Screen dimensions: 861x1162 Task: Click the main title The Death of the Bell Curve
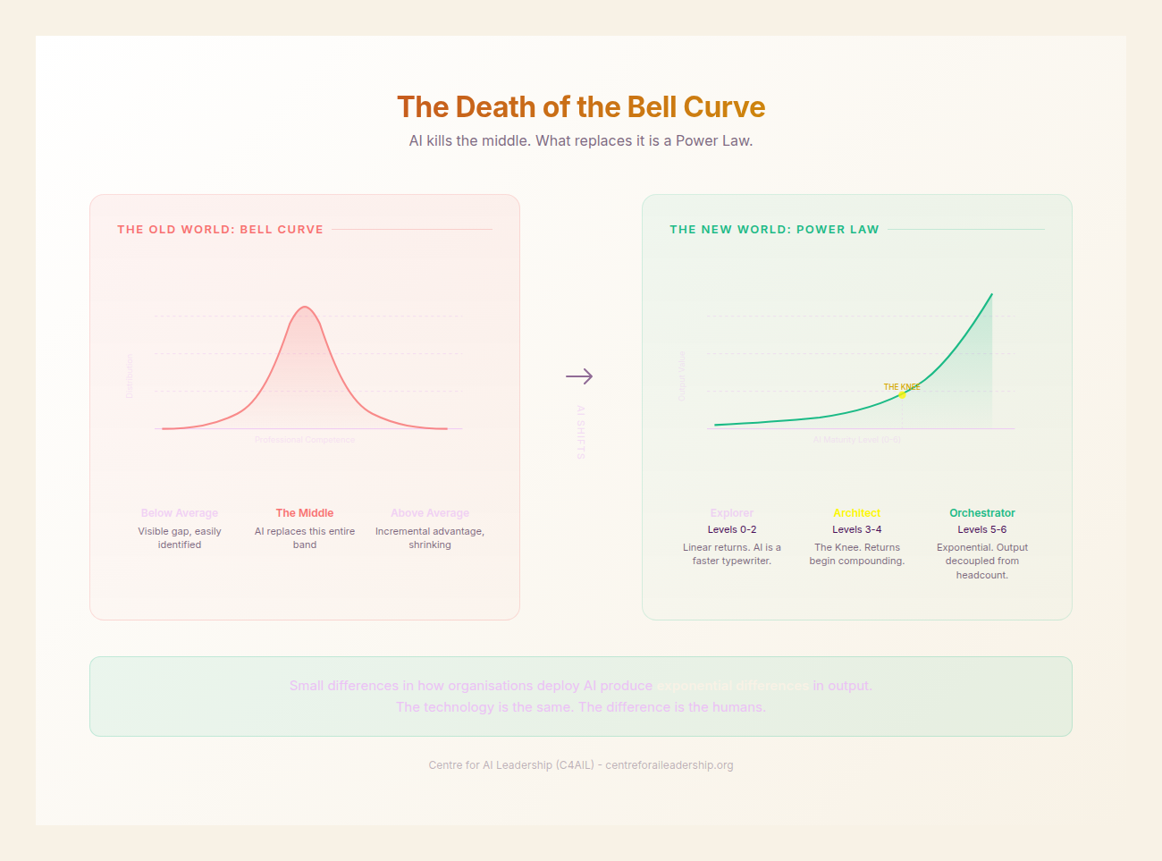point(581,107)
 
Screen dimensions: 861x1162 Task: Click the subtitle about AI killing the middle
point(581,140)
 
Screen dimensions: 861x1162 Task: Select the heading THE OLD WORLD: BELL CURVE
point(220,230)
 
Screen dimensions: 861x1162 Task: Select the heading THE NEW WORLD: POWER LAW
point(774,230)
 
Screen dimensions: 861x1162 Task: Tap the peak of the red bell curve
point(305,308)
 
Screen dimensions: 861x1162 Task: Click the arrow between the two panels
point(579,376)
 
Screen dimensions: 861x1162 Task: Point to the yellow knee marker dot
point(902,394)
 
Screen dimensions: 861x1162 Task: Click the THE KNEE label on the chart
point(901,386)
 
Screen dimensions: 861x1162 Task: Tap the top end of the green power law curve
point(991,294)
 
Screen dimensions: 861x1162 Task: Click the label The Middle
point(305,513)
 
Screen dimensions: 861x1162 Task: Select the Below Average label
point(180,513)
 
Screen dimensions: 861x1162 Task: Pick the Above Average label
point(430,513)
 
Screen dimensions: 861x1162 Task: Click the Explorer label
point(731,513)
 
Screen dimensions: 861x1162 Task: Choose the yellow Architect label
point(856,513)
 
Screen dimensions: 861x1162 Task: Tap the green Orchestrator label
point(981,513)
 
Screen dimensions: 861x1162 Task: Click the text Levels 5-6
point(981,529)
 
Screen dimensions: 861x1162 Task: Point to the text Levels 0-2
point(731,529)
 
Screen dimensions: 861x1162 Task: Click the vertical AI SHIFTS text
point(580,433)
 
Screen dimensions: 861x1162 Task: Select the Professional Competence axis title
point(305,440)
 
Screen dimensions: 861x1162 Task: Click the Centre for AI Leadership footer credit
point(581,765)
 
